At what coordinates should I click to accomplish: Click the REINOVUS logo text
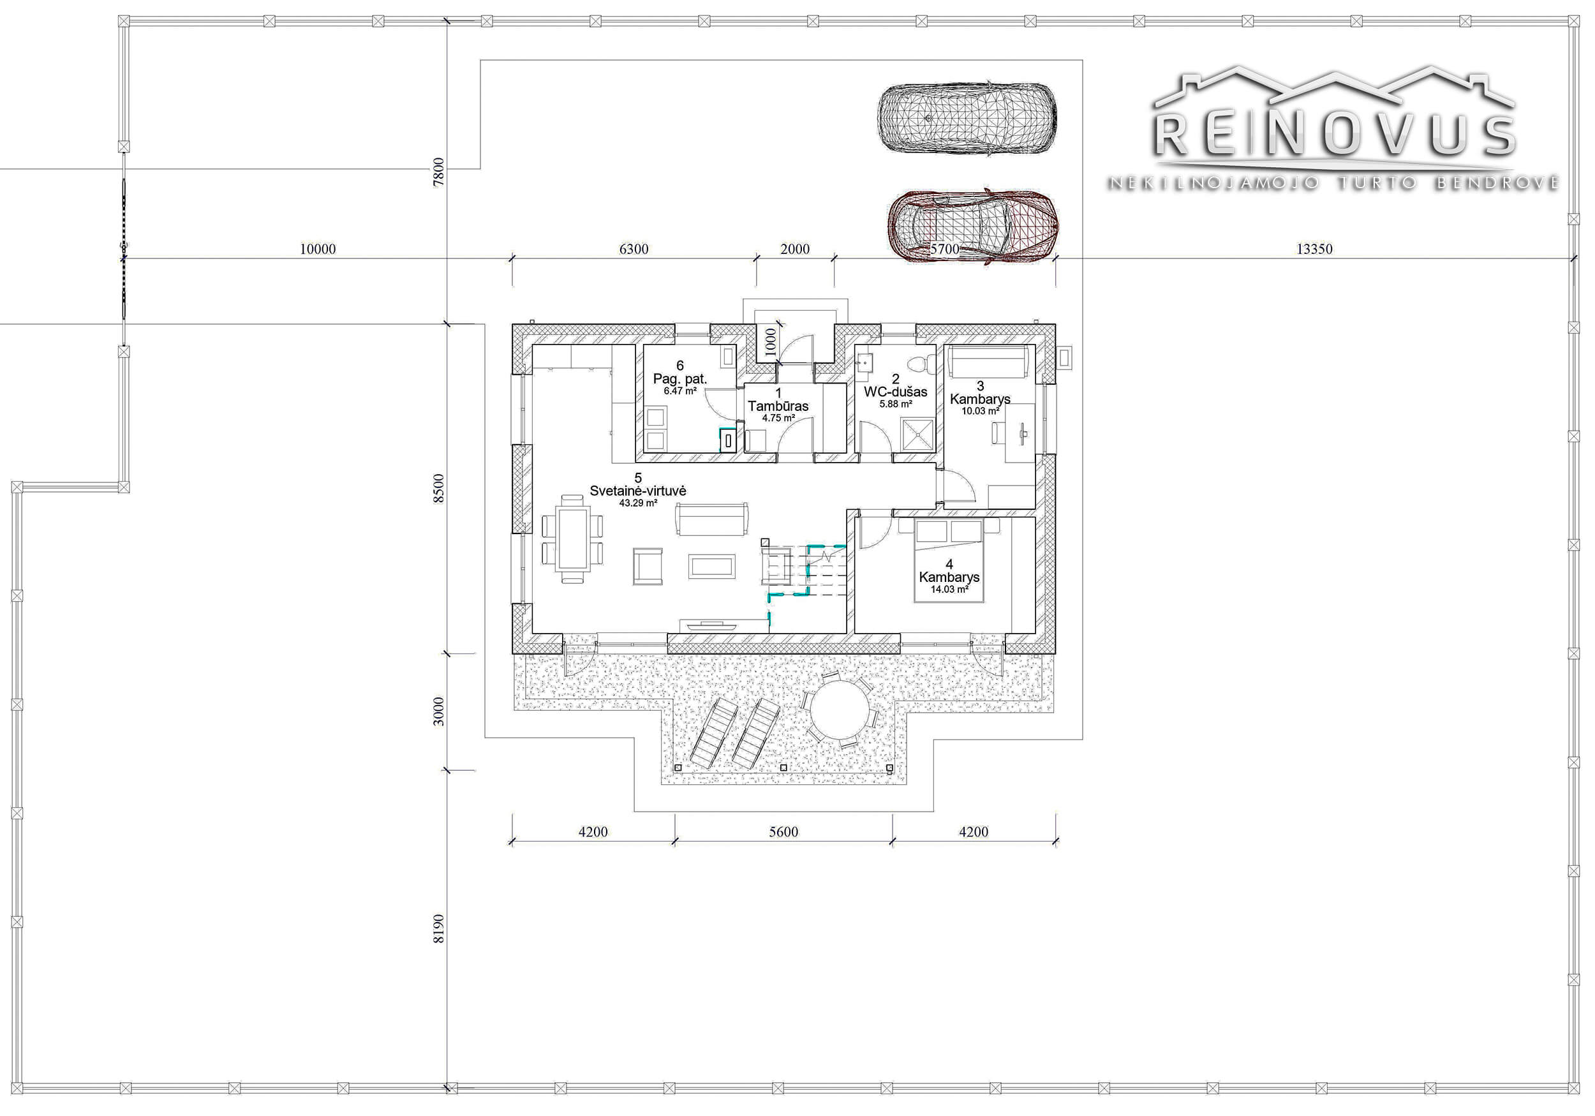[x=1334, y=135]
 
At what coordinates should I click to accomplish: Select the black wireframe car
[x=967, y=119]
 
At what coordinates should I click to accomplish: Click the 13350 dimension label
[x=1314, y=249]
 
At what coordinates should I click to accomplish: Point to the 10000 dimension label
[x=318, y=249]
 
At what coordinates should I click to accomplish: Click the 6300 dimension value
[x=634, y=249]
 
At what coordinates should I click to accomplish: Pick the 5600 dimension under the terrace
[x=783, y=832]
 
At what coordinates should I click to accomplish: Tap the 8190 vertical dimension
[x=438, y=928]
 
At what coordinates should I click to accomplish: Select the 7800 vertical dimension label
[x=438, y=172]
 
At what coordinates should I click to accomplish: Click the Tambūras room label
[x=778, y=406]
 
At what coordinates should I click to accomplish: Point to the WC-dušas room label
[x=896, y=392]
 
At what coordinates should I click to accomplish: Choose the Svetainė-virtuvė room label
[x=638, y=491]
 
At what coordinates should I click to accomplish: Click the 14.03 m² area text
[x=949, y=590]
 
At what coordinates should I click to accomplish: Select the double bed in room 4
[x=949, y=560]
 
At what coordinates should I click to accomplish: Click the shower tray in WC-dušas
[x=918, y=435]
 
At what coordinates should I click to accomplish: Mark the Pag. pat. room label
[x=679, y=380]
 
